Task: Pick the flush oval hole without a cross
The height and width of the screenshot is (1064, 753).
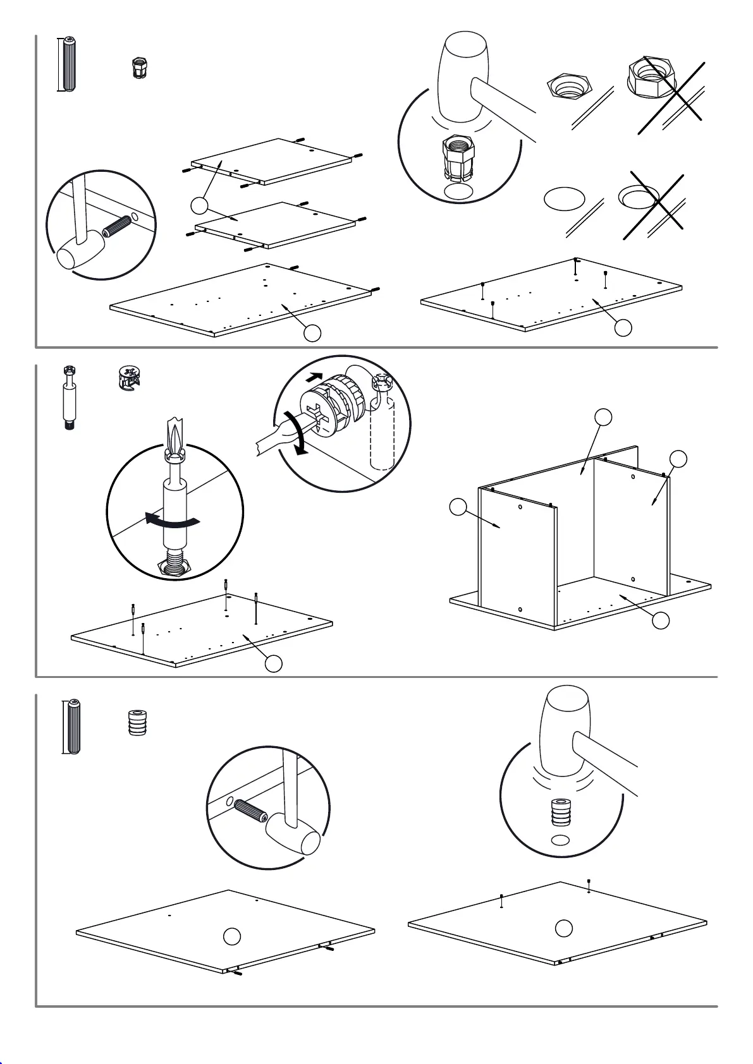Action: pos(563,198)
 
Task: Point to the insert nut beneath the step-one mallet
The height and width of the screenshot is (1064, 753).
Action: pos(459,157)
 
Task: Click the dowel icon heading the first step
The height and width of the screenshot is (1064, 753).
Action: pos(69,64)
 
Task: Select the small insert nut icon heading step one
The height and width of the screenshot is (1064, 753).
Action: pos(138,67)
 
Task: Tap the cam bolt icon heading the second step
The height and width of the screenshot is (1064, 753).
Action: pos(70,397)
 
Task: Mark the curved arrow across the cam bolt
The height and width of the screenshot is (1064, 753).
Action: pos(172,521)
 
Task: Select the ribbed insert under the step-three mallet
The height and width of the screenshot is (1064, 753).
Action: pos(560,813)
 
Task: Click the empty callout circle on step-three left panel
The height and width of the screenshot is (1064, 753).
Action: pos(233,936)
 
